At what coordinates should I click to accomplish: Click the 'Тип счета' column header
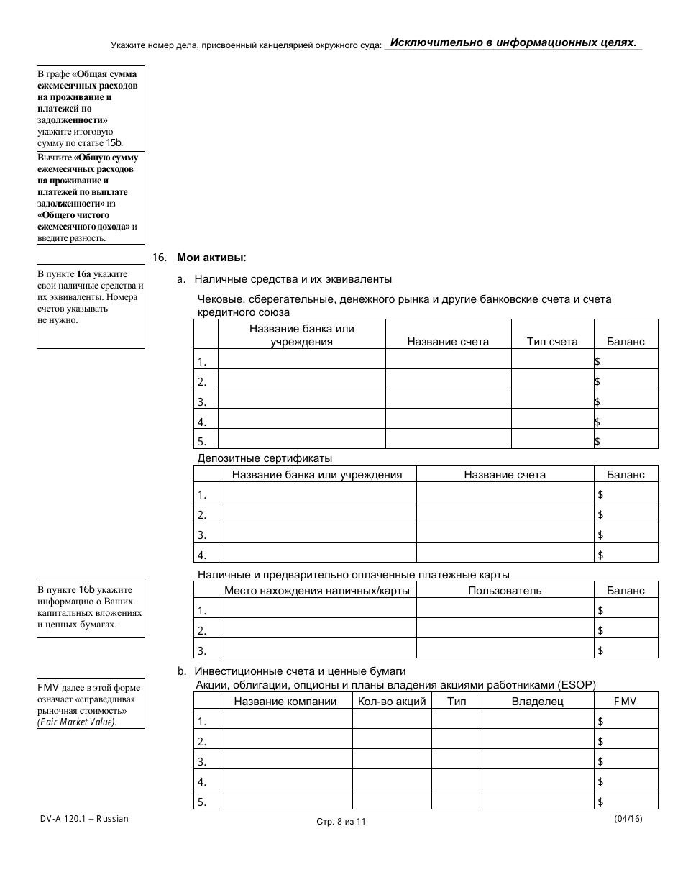coord(551,342)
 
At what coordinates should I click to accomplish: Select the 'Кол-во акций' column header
coord(391,701)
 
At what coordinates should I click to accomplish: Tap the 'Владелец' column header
coord(537,701)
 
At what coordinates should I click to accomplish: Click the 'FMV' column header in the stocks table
coord(625,701)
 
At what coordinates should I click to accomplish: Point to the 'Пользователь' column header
coord(505,590)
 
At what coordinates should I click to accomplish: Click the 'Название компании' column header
coord(285,701)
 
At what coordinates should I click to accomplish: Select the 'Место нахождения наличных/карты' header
coord(317,590)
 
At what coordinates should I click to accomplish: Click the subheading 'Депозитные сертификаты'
coord(265,458)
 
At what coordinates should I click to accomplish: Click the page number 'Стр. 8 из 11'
coord(341,822)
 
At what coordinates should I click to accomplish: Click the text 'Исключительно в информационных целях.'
coord(513,42)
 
